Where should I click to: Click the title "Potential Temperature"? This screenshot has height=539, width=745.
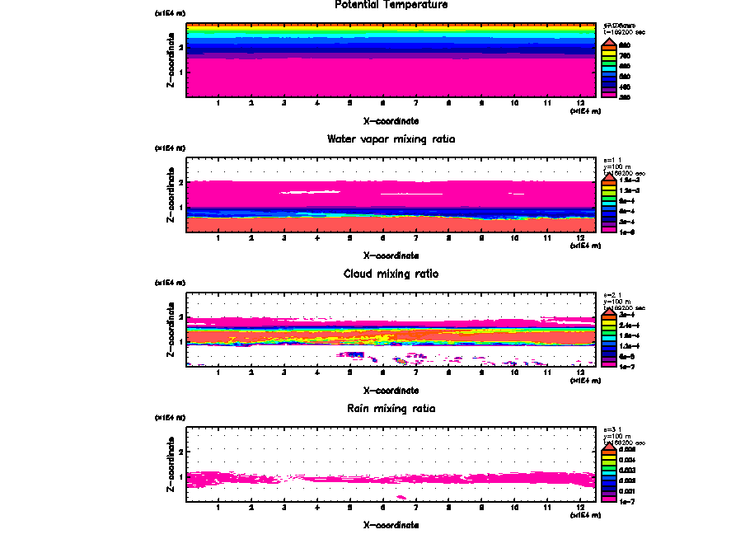[391, 5]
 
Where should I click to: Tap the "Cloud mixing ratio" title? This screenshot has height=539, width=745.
[391, 274]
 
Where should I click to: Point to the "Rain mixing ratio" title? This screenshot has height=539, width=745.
[391, 409]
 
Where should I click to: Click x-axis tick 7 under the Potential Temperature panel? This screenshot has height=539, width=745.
[415, 103]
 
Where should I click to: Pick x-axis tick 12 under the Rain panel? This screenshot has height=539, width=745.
[580, 507]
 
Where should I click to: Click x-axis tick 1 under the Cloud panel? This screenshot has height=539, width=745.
[218, 372]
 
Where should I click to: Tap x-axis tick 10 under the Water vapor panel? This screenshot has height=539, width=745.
[514, 237]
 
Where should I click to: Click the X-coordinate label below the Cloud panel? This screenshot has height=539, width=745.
[391, 390]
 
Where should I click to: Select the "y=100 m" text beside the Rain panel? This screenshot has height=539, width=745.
[617, 436]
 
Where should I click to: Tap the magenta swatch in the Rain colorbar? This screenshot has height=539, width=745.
[608, 499]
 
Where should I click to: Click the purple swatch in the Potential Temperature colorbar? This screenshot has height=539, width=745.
[608, 91]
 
